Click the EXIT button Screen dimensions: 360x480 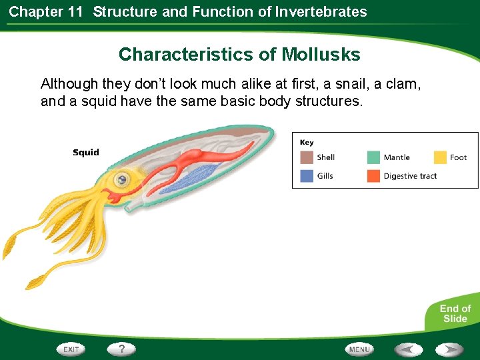tap(71, 349)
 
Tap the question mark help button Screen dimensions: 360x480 tap(121, 349)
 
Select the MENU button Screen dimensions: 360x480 tap(359, 349)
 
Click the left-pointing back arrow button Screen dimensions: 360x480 tap(409, 349)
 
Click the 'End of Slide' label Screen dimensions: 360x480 tap(455, 313)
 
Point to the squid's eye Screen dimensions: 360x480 tap(121, 179)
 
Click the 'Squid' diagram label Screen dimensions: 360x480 tap(86, 153)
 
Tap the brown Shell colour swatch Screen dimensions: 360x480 tap(307, 157)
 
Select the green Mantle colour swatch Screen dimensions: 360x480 tap(373, 157)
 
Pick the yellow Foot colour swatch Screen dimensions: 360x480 tap(440, 157)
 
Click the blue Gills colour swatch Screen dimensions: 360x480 tap(307, 176)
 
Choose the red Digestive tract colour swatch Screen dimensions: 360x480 tap(373, 176)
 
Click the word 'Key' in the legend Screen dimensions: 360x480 tap(307, 142)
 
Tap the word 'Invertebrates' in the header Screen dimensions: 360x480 tap(321, 11)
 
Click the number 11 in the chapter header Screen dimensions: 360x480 tap(74, 11)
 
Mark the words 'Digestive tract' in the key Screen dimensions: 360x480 tap(410, 176)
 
